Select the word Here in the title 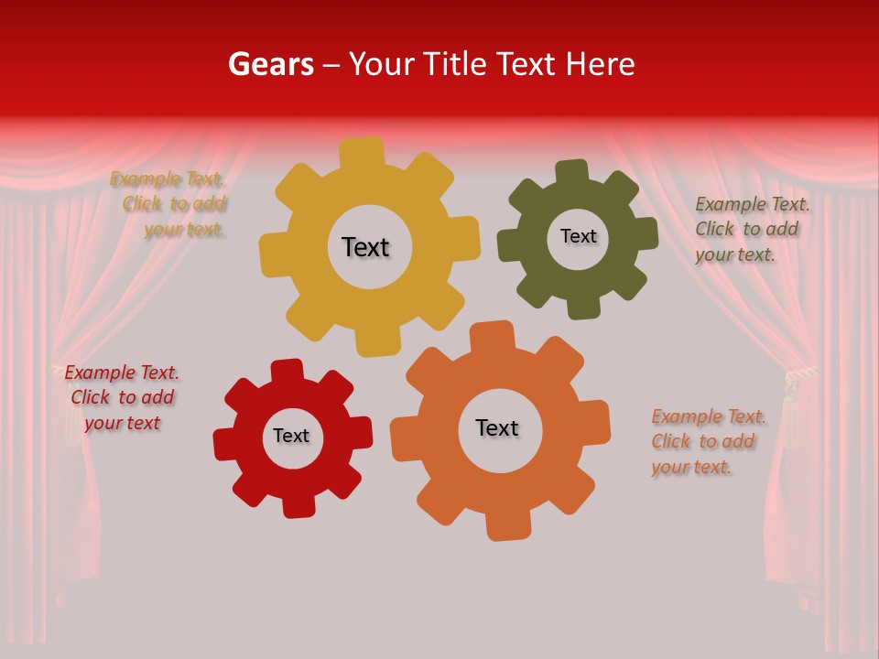600,64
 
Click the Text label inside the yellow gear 365,247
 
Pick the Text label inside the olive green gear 578,236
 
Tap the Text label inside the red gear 291,436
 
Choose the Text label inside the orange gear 497,427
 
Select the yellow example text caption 169,204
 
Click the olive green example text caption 751,229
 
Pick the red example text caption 122,397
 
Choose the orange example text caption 707,441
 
